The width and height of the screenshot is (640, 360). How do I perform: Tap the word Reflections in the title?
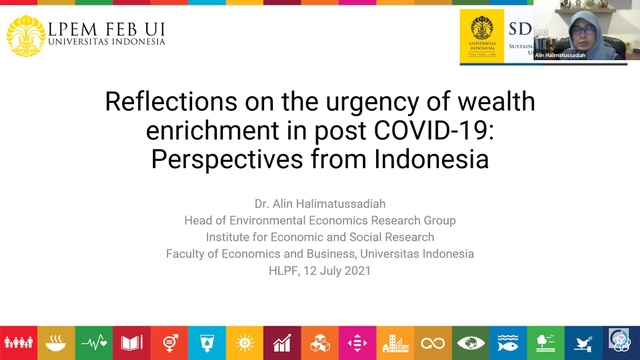169,104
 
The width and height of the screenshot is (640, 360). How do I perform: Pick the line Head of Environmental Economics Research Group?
320,220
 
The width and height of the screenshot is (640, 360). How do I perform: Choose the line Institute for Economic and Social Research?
320,237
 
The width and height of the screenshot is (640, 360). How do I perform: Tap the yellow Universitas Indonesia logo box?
482,38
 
